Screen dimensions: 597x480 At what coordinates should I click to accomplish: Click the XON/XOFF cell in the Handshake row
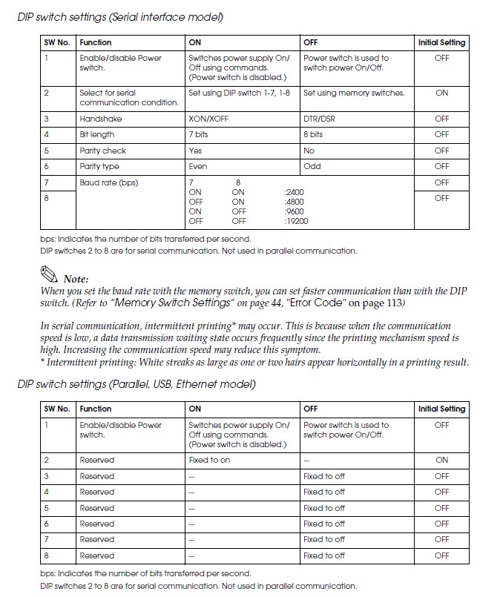pos(209,119)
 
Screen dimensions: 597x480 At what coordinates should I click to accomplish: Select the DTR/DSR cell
pos(320,119)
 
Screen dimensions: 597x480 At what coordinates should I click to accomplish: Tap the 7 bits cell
pos(201,134)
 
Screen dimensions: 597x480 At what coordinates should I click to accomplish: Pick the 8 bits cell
pos(313,134)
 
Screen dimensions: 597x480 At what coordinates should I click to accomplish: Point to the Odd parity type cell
pos(312,166)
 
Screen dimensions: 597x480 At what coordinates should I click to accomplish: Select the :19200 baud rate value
pos(297,221)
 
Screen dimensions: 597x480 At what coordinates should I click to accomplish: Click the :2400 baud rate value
pos(295,192)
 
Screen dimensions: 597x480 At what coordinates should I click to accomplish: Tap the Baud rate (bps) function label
pos(109,182)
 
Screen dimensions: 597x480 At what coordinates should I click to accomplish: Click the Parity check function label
pos(103,151)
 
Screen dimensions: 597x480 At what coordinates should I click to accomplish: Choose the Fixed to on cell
pos(209,461)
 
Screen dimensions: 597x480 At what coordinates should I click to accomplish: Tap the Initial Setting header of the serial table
pos(441,43)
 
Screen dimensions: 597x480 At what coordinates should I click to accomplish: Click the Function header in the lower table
pos(96,409)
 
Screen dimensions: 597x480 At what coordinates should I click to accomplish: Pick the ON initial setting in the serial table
pos(442,93)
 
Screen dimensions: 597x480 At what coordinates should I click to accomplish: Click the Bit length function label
pos(97,134)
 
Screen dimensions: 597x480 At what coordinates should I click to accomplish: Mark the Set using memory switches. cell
pos(354,93)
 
